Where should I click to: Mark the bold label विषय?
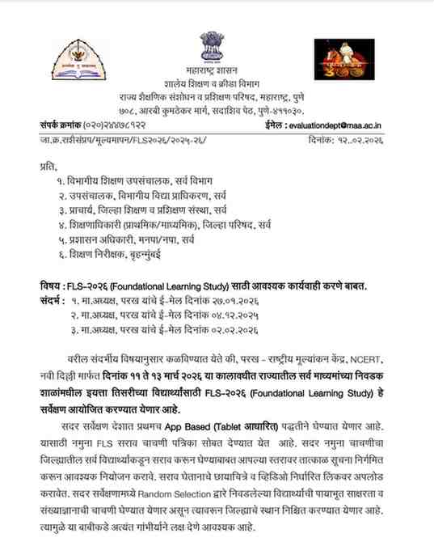(50, 286)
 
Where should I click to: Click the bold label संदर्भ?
(53, 300)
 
